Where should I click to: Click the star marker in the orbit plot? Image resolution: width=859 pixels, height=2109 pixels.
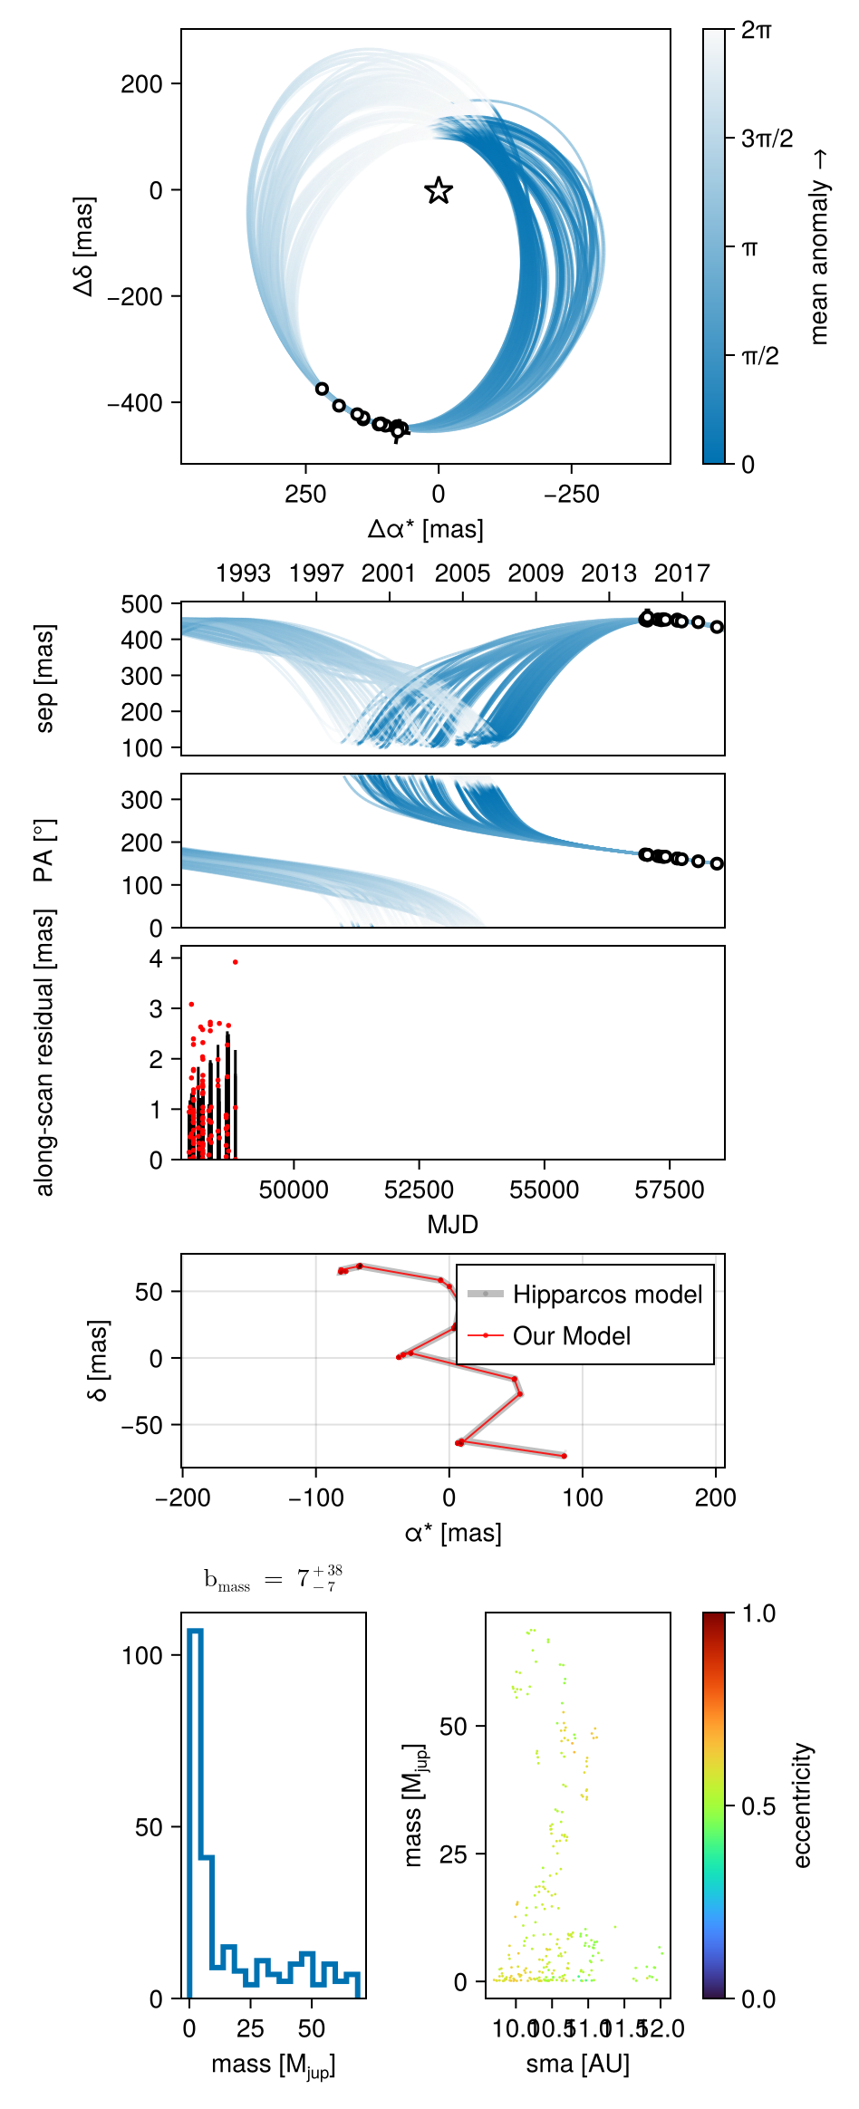coord(439,190)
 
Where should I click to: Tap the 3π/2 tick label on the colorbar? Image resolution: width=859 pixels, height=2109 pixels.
coord(767,139)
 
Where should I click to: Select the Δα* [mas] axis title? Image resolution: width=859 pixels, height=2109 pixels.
coord(425,529)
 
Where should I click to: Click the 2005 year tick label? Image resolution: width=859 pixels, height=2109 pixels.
coord(462,573)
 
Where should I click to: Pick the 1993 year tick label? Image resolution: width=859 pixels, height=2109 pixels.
coord(243,573)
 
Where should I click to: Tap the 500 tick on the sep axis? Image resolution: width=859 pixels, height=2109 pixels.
coord(142,604)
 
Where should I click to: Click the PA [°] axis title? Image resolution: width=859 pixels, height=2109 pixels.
coord(43,851)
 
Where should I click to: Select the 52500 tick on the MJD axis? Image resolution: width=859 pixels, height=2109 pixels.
coord(419,1189)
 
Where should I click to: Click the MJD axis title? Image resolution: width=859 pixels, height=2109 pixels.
coord(452,1225)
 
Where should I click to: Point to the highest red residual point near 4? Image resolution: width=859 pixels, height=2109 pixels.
coord(236,962)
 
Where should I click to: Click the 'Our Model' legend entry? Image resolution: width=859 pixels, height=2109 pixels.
coord(571,1336)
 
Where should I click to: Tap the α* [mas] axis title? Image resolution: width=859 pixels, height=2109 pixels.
coord(452,1533)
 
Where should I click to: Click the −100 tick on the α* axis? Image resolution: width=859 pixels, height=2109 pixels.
coord(315,1497)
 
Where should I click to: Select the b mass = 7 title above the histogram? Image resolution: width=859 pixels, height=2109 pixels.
coord(273,1579)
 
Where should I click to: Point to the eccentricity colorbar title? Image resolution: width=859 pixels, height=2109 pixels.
coord(802,1806)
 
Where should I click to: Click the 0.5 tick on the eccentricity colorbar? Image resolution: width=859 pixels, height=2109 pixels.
coord(758,1806)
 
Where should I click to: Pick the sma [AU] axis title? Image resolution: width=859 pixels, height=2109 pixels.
coord(577,2064)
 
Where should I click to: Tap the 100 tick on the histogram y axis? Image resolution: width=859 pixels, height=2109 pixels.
coord(142,1656)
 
